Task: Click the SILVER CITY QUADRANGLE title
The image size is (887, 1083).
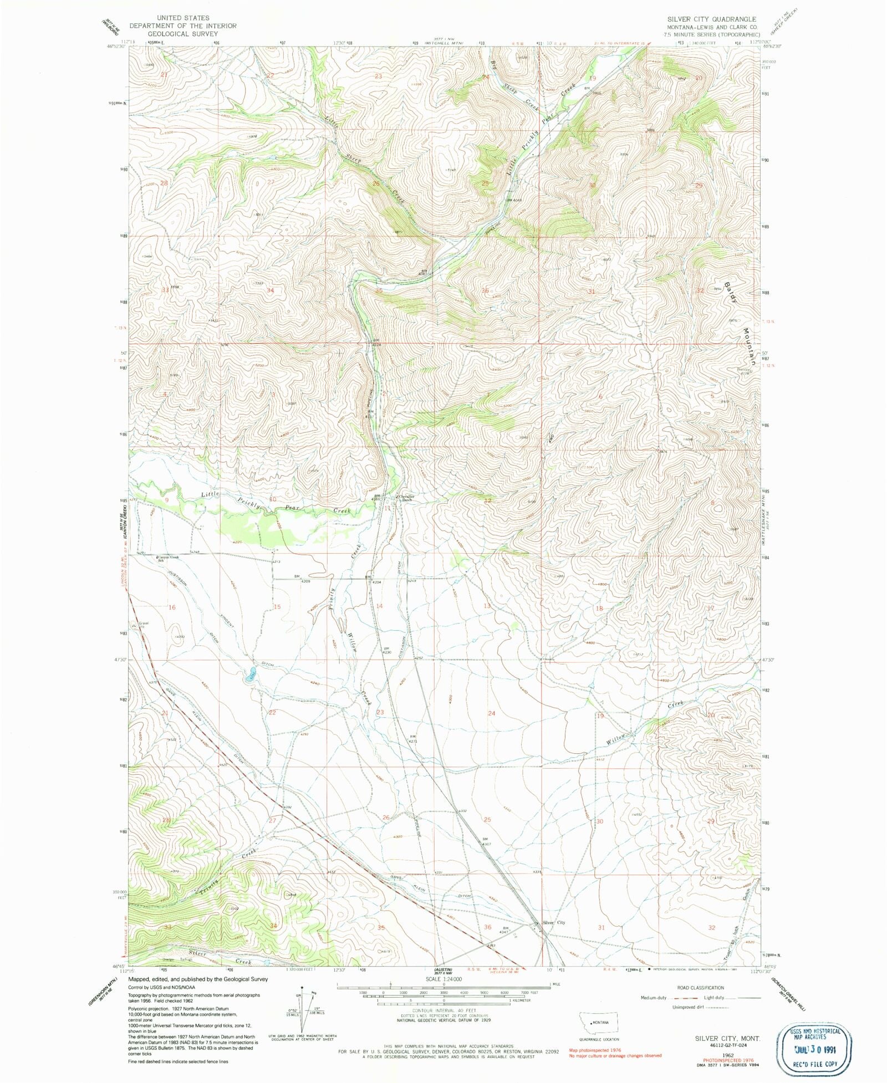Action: (x=711, y=19)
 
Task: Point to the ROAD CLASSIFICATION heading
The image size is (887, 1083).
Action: (x=700, y=988)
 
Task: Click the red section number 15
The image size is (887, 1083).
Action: (x=277, y=607)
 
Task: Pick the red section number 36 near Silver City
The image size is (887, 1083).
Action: (x=487, y=927)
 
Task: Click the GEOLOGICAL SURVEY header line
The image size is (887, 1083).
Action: (x=182, y=33)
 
